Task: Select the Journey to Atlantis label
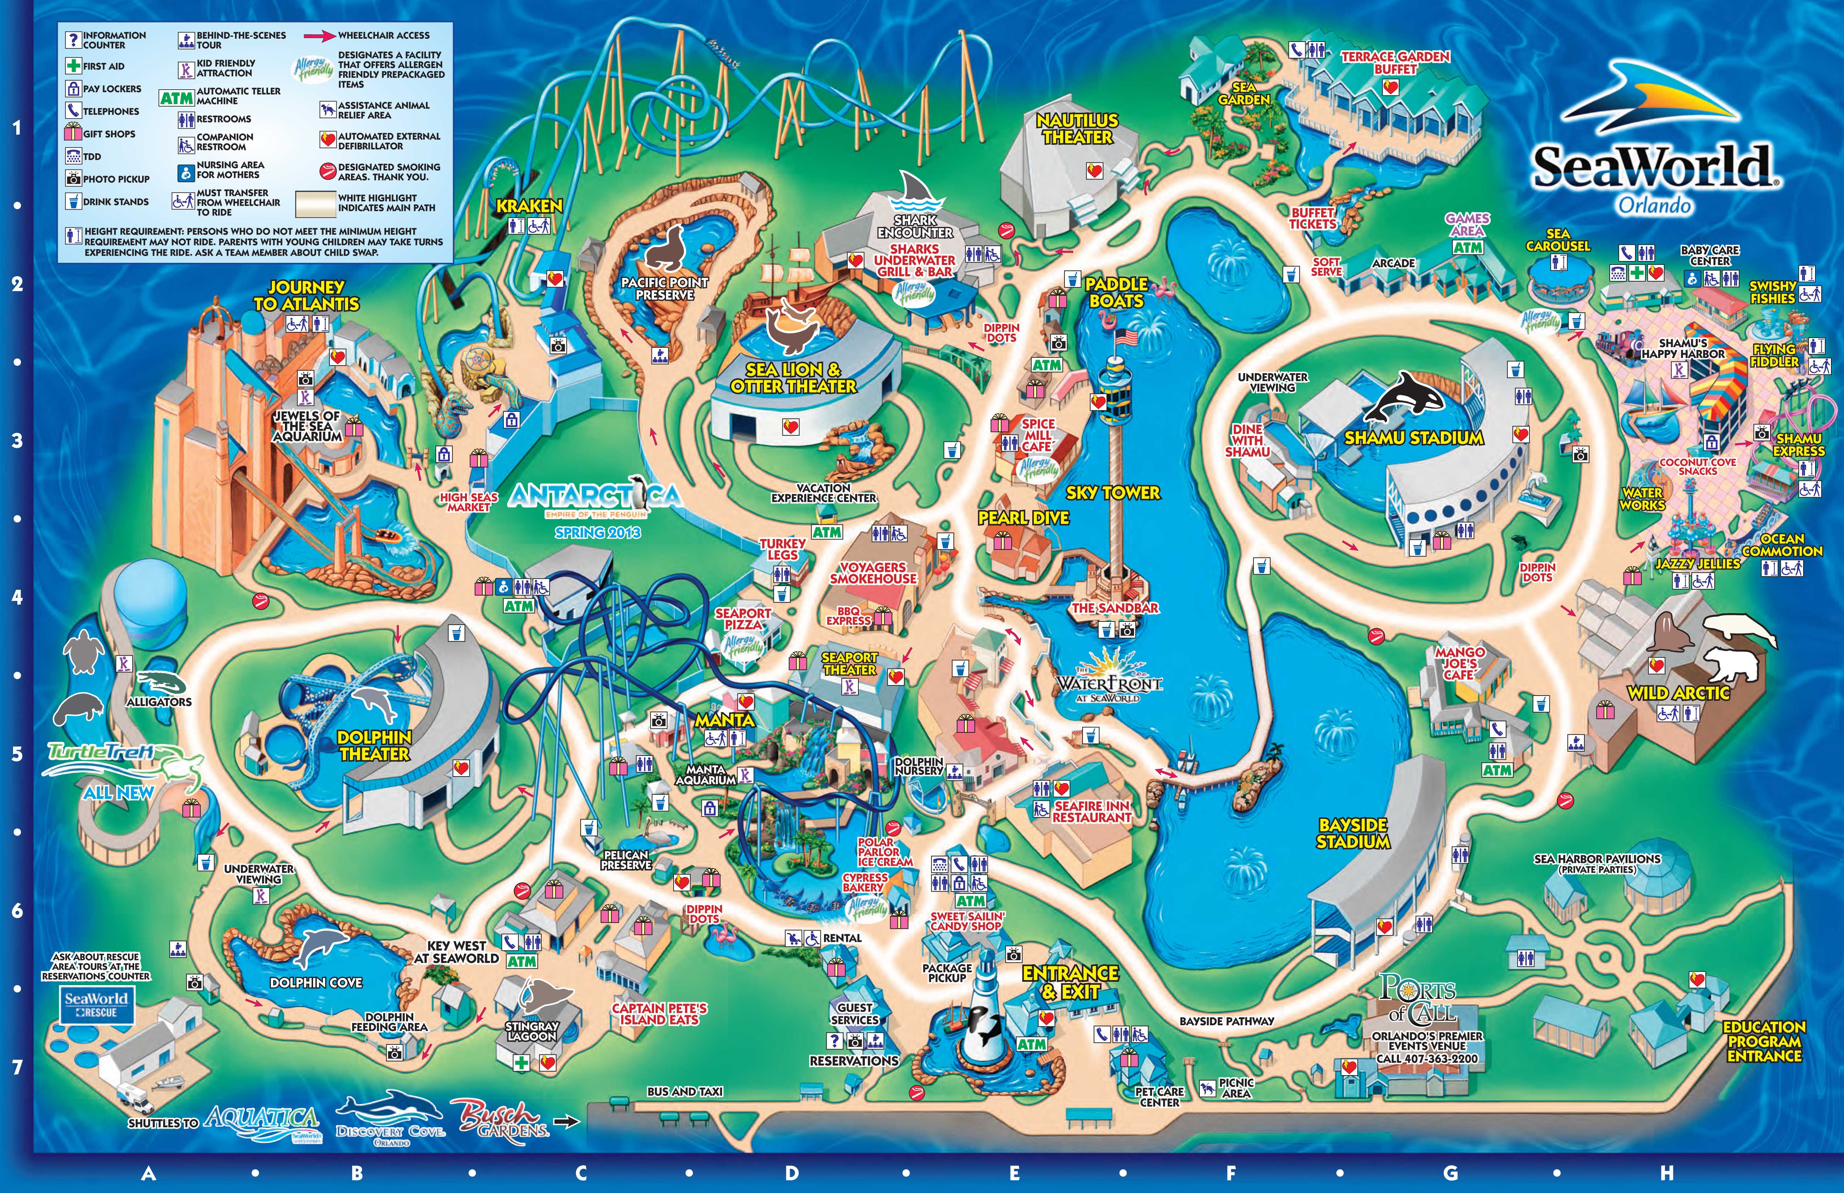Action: (x=307, y=295)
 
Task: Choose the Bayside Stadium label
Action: (x=1353, y=833)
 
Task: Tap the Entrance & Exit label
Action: (x=1070, y=982)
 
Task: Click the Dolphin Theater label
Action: (x=374, y=745)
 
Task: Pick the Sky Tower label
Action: (x=1113, y=493)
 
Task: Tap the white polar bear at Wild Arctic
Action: (x=1734, y=662)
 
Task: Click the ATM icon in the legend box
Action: (x=176, y=98)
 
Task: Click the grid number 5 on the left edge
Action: (x=17, y=754)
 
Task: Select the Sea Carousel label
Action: (x=1557, y=239)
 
